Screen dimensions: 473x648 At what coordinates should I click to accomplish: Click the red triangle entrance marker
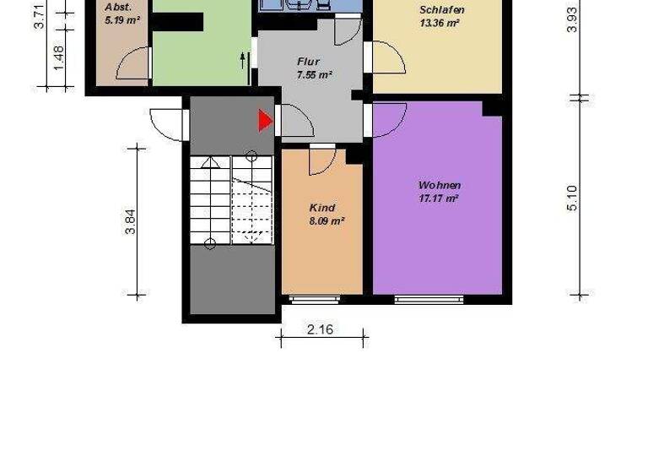coord(265,121)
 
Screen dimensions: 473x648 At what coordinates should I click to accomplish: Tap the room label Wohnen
coord(440,185)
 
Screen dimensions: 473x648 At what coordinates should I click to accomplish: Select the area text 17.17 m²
coord(439,198)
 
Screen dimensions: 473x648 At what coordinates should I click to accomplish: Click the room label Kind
coord(322,208)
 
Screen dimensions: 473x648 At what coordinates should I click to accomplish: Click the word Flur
coord(309,62)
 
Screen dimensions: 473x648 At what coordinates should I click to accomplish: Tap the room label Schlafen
coord(441,10)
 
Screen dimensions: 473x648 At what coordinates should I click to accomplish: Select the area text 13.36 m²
coord(439,23)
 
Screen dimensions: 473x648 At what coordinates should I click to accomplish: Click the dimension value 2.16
coord(320,329)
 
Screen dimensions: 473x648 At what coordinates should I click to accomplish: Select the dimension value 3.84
coord(130,221)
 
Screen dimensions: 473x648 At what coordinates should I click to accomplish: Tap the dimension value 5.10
coord(573,198)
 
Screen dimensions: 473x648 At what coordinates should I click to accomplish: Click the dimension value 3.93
coord(573,19)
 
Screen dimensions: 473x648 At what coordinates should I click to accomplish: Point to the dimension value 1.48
coord(58,55)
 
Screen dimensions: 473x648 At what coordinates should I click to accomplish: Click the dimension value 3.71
coord(39,17)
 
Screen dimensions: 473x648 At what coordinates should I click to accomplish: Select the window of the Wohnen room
coord(429,298)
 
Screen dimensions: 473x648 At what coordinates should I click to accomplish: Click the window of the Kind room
coord(315,298)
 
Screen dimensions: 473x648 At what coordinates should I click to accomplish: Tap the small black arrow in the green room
coord(244,59)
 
